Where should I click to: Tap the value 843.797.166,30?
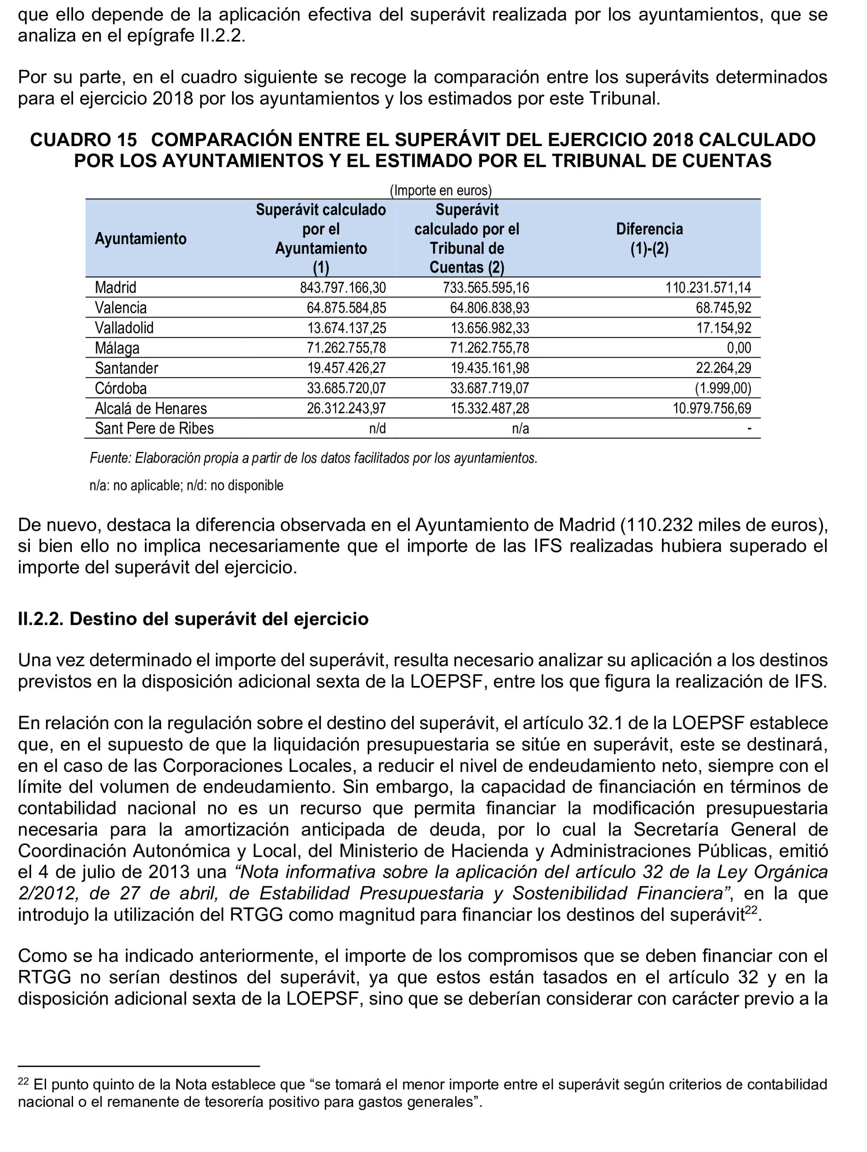point(343,288)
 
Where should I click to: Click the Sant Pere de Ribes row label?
point(154,428)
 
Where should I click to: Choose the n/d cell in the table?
point(377,428)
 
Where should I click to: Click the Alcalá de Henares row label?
point(151,408)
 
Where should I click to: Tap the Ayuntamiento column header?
point(141,239)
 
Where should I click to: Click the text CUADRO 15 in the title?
point(83,139)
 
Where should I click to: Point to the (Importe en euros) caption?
point(440,190)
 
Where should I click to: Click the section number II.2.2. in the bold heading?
point(41,619)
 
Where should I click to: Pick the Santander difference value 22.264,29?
point(723,368)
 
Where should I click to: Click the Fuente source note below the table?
point(313,458)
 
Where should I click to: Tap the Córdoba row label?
point(121,388)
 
